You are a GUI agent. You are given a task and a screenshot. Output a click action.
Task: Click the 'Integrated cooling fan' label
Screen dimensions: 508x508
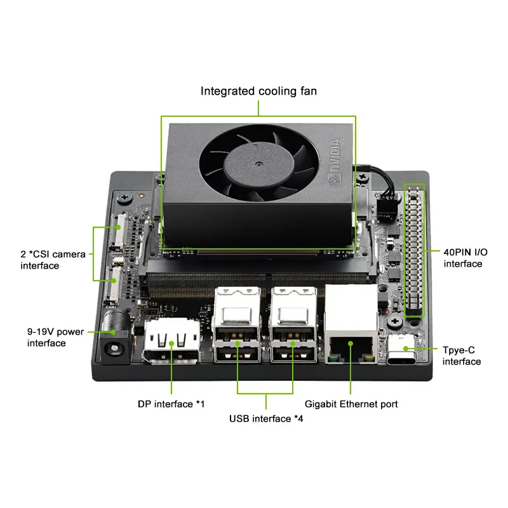(258, 91)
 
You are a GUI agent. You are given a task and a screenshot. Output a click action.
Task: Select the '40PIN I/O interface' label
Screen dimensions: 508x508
(463, 258)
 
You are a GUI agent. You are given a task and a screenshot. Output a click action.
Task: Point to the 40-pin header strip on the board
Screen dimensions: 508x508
(415, 250)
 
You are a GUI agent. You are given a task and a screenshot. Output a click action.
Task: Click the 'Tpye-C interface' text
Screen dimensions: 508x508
(462, 356)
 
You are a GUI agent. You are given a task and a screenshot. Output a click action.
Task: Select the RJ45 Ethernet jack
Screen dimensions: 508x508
(351, 337)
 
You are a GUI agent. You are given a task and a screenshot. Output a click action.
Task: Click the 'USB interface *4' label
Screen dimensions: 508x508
(265, 419)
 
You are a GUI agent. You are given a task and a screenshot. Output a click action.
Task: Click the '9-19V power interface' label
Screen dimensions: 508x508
(56, 337)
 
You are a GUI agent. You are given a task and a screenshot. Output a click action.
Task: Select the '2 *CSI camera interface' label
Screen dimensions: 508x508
(52, 260)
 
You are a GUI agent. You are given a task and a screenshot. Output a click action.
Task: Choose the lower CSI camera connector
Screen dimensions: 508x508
(117, 281)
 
